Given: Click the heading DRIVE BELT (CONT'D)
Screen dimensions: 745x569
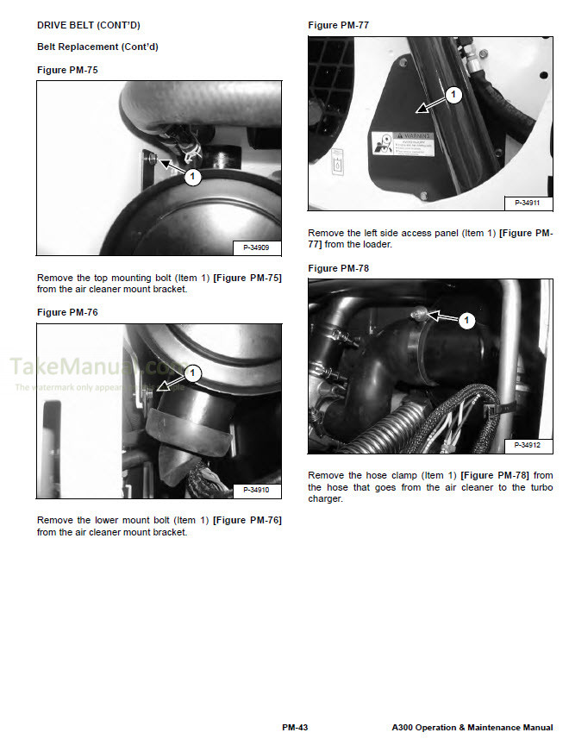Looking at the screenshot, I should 88,26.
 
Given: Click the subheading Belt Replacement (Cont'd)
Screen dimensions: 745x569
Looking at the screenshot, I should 97,47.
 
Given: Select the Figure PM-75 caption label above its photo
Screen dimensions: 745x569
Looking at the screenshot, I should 67,69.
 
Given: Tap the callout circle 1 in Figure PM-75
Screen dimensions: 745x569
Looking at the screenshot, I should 193,177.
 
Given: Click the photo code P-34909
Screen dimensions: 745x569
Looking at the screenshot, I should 257,247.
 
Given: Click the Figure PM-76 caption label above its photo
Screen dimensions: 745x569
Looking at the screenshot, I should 67,311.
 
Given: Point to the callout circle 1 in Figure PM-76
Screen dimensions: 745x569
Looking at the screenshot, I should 193,373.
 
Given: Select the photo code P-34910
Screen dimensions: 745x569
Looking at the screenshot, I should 257,490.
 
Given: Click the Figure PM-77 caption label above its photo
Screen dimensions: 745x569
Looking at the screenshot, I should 338,26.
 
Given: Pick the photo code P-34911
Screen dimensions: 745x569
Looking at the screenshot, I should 528,203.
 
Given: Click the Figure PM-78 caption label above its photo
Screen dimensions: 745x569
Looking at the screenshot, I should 338,268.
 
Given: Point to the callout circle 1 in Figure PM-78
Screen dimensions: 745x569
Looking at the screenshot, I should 466,321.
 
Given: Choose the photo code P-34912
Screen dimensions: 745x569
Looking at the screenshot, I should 528,445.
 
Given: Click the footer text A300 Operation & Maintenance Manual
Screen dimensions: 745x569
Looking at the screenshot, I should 471,728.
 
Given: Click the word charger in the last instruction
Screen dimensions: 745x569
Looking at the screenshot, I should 326,499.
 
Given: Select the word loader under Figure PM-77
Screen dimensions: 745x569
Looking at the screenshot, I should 377,244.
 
